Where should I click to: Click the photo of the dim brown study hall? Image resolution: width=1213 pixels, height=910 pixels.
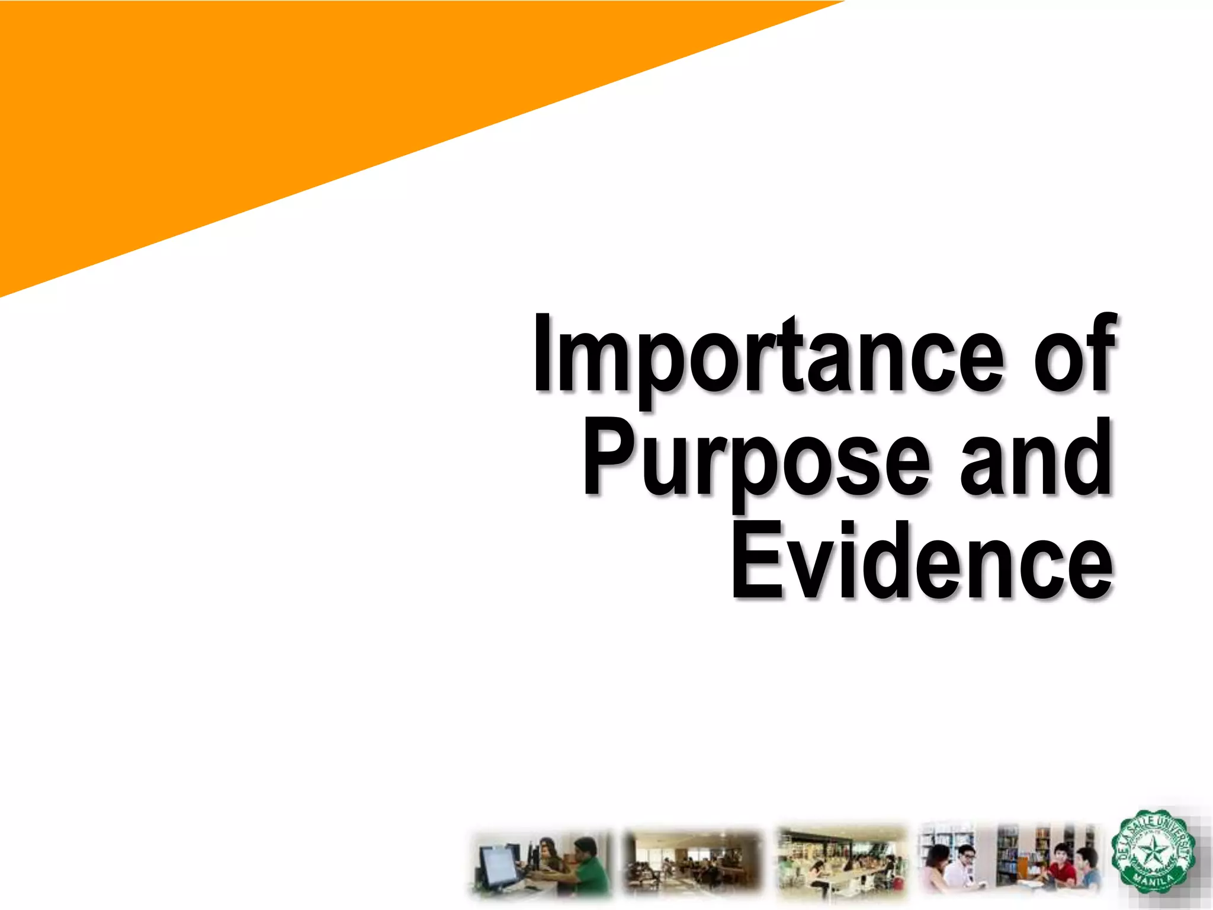click(692, 862)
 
